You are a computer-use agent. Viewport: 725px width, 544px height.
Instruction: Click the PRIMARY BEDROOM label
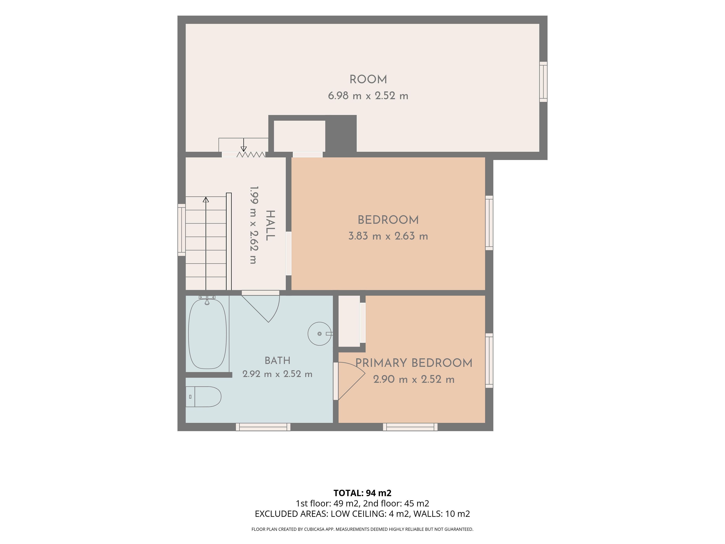[x=414, y=363]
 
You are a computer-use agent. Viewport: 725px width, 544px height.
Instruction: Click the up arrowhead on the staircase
[x=206, y=199]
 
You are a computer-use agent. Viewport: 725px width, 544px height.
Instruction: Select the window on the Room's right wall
[x=543, y=82]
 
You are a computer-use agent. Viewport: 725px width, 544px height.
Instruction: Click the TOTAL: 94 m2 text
[x=362, y=493]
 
